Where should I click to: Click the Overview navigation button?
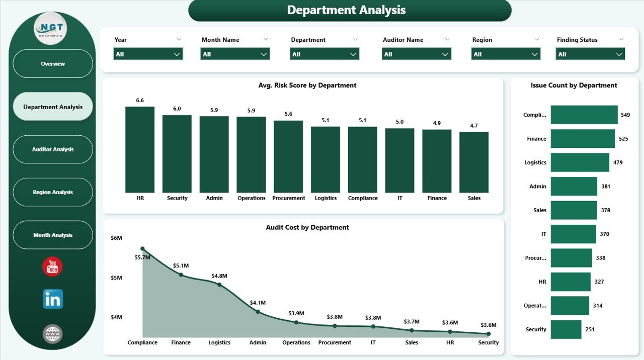[53, 64]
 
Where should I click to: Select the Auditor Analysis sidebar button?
[53, 149]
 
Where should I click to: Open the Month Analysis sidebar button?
[53, 235]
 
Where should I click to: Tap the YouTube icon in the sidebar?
[53, 266]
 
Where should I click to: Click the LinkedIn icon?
[53, 299]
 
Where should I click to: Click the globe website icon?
[53, 333]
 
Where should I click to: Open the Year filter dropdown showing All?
[148, 54]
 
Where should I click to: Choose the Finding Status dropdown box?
[590, 54]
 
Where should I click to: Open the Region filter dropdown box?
[506, 54]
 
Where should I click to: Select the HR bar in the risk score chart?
[140, 149]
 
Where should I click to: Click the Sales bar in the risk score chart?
[474, 162]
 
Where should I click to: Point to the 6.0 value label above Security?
[177, 109]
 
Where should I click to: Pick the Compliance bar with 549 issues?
[584, 115]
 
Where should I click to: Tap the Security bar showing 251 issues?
[566, 329]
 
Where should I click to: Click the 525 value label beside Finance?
[623, 139]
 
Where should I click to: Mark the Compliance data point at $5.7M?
[142, 249]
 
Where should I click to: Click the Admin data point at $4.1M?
[258, 312]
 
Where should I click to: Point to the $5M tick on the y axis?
[116, 278]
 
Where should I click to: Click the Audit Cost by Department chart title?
[307, 227]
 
